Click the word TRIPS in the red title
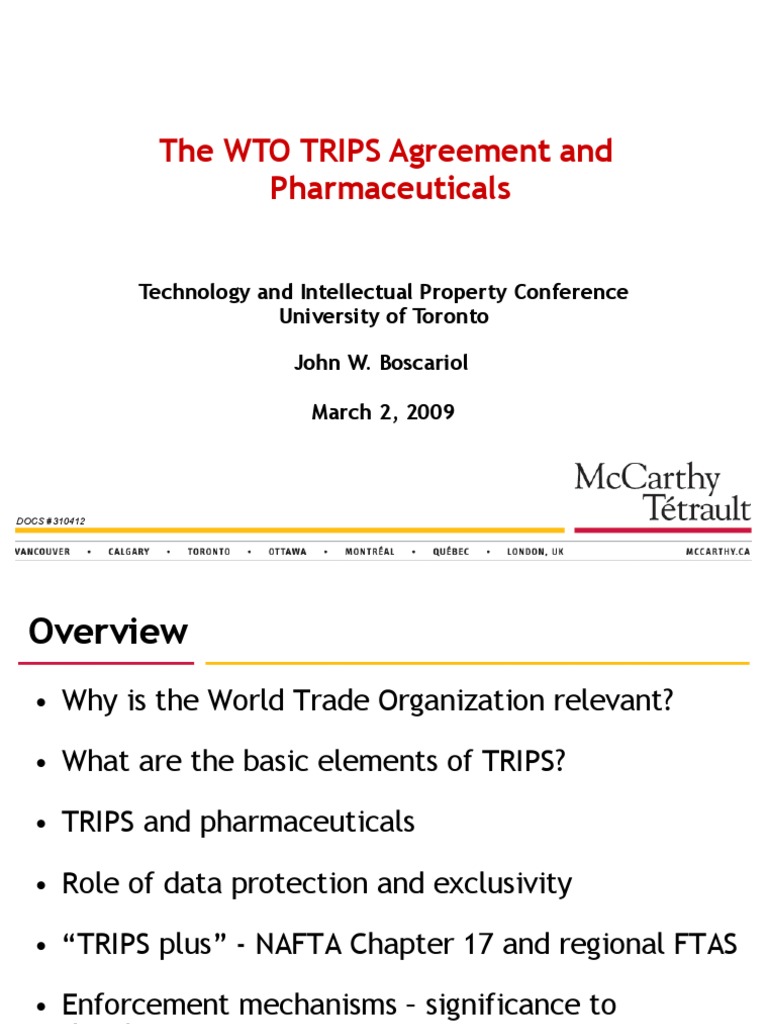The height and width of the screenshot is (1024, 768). click(x=335, y=152)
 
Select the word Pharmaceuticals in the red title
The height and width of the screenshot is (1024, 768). click(x=390, y=188)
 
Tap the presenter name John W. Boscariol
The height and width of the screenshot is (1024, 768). click(x=381, y=362)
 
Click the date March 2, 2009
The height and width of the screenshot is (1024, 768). click(x=383, y=412)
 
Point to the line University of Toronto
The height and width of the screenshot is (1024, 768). click(x=384, y=316)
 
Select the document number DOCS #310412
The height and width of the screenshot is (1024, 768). click(x=51, y=521)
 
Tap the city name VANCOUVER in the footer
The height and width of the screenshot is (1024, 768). click(x=42, y=552)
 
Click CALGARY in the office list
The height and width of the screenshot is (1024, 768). click(x=129, y=552)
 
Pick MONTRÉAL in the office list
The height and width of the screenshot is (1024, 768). click(x=370, y=552)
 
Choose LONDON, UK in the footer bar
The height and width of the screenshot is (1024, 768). click(x=536, y=552)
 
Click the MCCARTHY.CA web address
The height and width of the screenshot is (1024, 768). click(x=718, y=552)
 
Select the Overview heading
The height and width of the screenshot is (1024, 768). click(x=108, y=632)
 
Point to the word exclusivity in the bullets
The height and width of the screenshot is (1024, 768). click(x=503, y=884)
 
